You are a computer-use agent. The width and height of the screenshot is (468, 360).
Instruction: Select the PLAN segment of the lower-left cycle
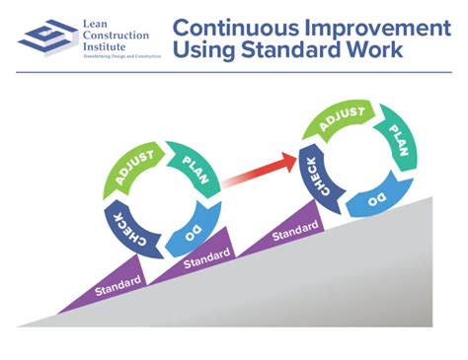point(190,163)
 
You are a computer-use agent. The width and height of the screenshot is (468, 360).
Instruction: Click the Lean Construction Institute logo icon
point(44,38)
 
